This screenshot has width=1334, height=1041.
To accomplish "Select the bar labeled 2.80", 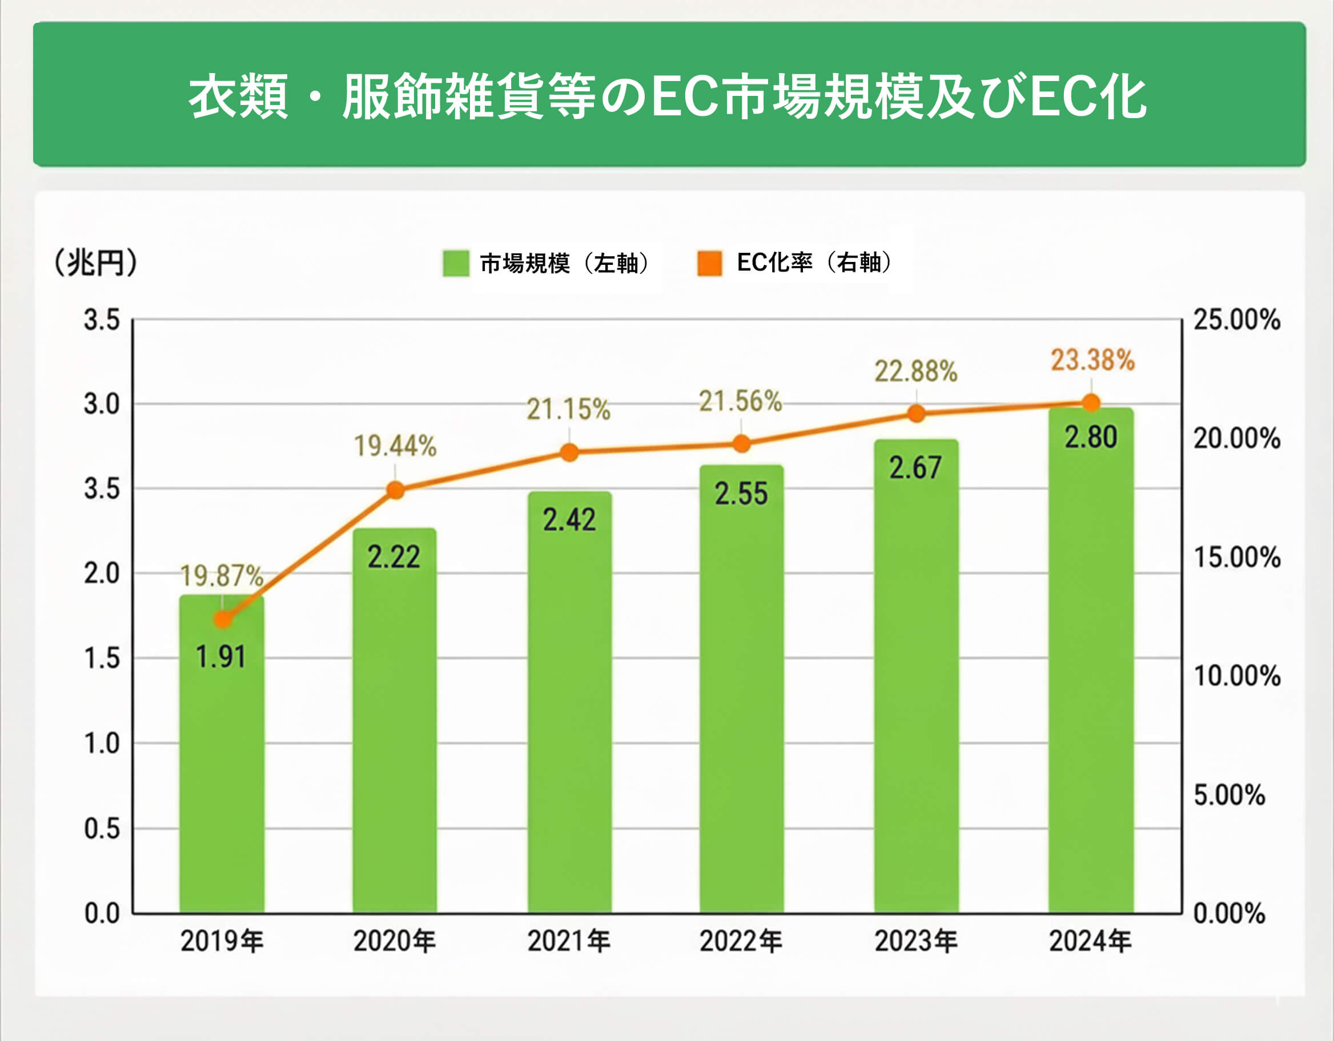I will click(1091, 672).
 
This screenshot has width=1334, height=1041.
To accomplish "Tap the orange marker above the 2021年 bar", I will click(569, 453).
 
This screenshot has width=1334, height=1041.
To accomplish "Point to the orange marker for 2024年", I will click(1091, 403).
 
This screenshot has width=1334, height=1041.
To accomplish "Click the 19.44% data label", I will click(395, 446).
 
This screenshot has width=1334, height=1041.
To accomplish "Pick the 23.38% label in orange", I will click(1092, 360).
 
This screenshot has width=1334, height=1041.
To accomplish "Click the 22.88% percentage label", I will click(915, 371).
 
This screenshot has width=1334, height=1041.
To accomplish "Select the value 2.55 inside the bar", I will click(741, 493).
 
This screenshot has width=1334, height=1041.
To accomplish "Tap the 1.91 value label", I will click(220, 657).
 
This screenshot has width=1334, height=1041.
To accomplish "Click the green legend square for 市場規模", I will click(456, 263).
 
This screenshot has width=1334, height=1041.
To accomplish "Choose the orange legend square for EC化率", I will click(710, 263).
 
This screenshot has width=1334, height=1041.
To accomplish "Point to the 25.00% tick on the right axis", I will click(1236, 320).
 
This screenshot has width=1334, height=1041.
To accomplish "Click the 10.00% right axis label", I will click(1236, 676).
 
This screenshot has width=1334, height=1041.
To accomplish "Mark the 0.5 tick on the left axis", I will click(102, 829).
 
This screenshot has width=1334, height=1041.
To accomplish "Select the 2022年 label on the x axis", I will click(740, 941).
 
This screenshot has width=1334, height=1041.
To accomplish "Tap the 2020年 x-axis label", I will click(395, 941).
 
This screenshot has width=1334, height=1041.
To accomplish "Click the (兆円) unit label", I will click(95, 263).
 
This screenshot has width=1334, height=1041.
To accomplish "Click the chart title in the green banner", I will click(667, 96).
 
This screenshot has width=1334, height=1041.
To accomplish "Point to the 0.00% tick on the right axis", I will click(1229, 913).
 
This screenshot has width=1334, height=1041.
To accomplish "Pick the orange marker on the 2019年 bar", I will click(223, 620).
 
